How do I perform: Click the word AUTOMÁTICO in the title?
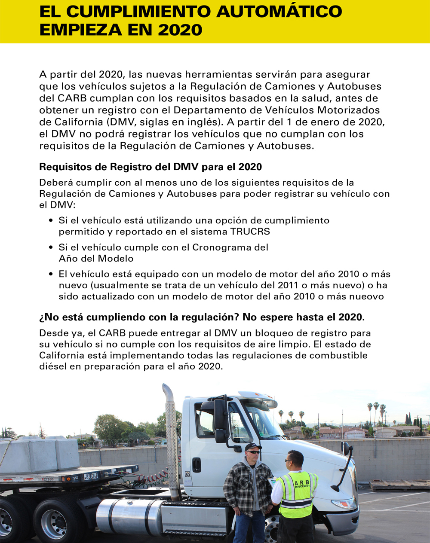tap(279, 12)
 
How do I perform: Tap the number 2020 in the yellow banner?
tap(180, 30)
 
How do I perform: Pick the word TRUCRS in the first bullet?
tap(250, 232)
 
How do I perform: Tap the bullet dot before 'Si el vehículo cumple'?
tap(51, 247)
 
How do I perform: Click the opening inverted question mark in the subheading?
tap(42, 317)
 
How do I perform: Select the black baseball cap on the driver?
tap(252, 447)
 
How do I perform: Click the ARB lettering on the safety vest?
tap(302, 483)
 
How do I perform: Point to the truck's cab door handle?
tap(197, 464)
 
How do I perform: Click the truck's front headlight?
tap(344, 503)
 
